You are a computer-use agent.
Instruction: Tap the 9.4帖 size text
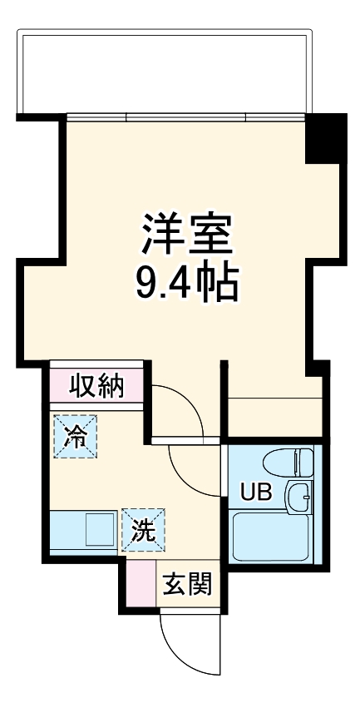[x=188, y=284]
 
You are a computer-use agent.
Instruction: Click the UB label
[x=255, y=491]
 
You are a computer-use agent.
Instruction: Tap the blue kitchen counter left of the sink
[x=67, y=531]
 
